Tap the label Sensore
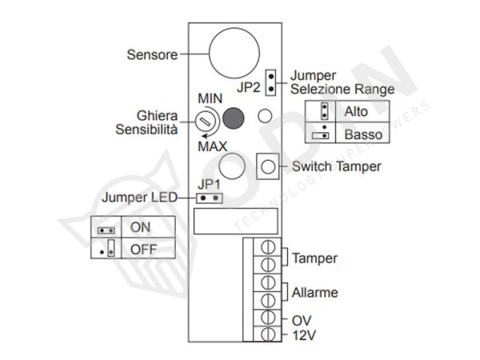click(153, 55)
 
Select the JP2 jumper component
click(270, 80)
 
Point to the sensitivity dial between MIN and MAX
click(206, 122)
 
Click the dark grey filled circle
click(234, 118)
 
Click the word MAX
click(212, 146)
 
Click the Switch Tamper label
click(336, 167)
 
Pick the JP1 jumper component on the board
click(209, 198)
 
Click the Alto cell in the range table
click(356, 111)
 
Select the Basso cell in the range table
click(362, 134)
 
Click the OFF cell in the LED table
click(142, 249)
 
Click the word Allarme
click(314, 293)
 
